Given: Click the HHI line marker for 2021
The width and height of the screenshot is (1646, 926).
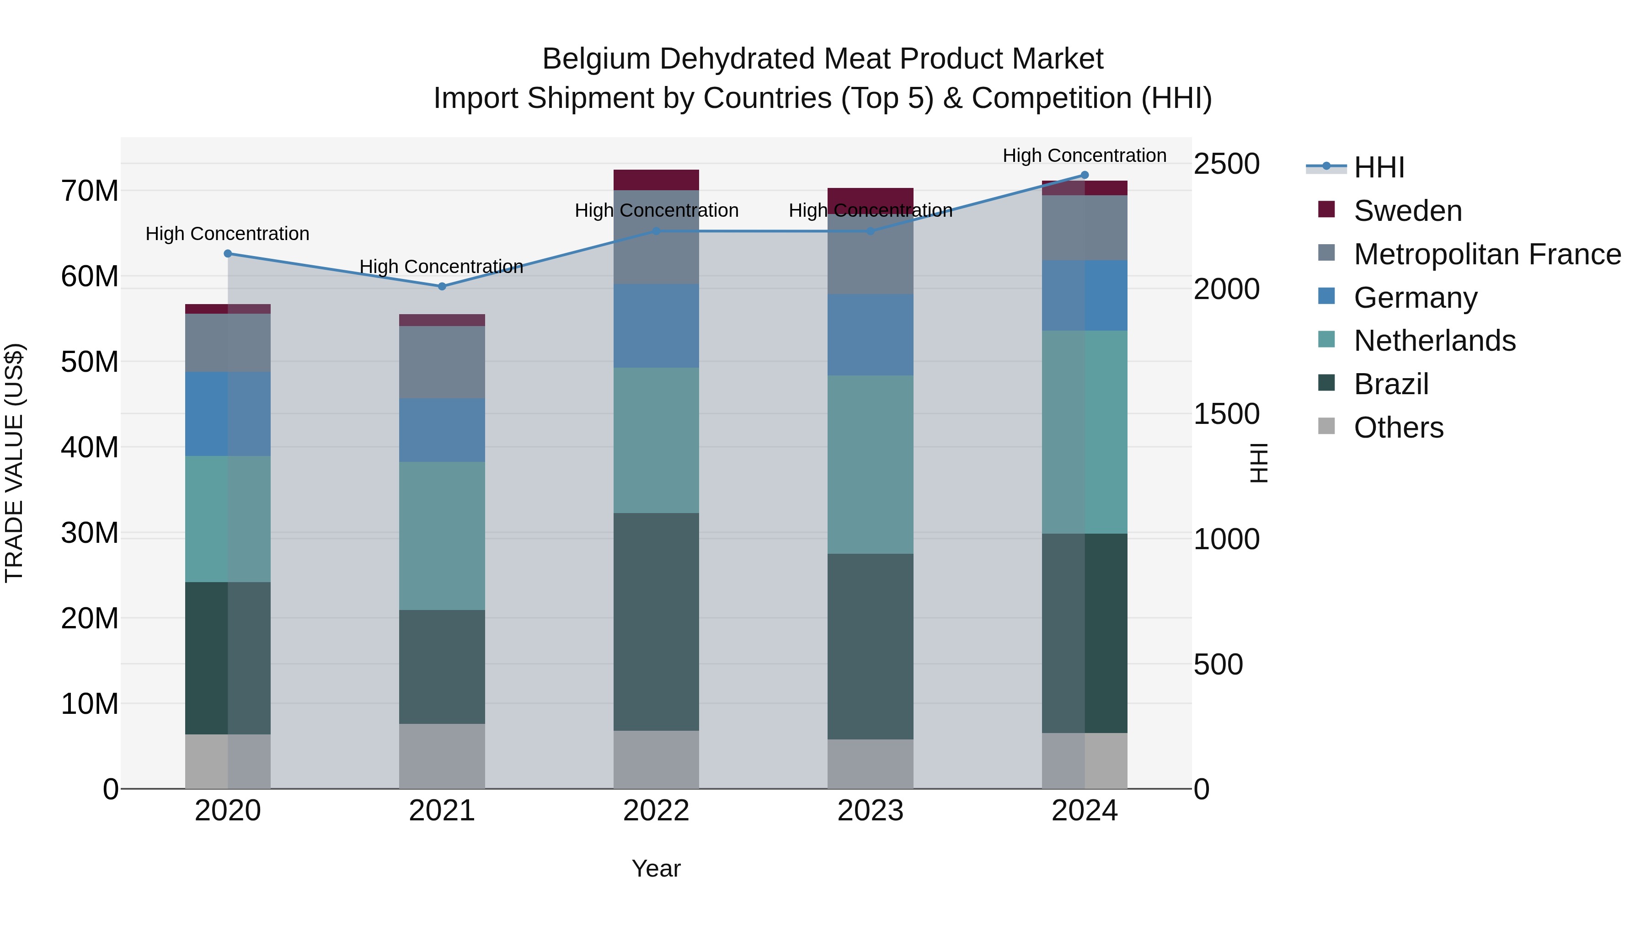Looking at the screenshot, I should (442, 286).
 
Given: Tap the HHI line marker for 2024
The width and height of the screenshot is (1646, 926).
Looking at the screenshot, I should (1085, 175).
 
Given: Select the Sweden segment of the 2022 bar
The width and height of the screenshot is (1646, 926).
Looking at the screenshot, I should (656, 180).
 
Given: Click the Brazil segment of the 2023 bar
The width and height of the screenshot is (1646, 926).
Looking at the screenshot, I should (870, 646).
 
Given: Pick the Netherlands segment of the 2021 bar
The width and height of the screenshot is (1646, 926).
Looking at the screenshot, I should (442, 535).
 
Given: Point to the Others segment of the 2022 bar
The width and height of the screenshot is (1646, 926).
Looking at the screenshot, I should (656, 759).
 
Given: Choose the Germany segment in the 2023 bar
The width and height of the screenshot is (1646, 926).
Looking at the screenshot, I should (870, 334).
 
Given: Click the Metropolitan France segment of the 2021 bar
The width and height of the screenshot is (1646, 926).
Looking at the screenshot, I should (442, 362).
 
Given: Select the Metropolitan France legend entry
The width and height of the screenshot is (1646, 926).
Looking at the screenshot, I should (1487, 254).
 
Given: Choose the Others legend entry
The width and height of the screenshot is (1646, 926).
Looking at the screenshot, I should (1398, 428).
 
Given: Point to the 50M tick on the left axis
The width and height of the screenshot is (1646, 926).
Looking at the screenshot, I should (90, 362).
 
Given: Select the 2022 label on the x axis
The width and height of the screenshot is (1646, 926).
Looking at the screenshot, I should (656, 811).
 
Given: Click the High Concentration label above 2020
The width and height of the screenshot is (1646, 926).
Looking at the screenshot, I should (228, 234).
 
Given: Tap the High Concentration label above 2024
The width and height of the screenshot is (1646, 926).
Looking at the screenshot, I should (1085, 155).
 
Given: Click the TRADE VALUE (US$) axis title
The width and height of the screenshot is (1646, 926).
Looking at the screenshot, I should (14, 463).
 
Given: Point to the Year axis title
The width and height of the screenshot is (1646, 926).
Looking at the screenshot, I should (656, 868).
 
